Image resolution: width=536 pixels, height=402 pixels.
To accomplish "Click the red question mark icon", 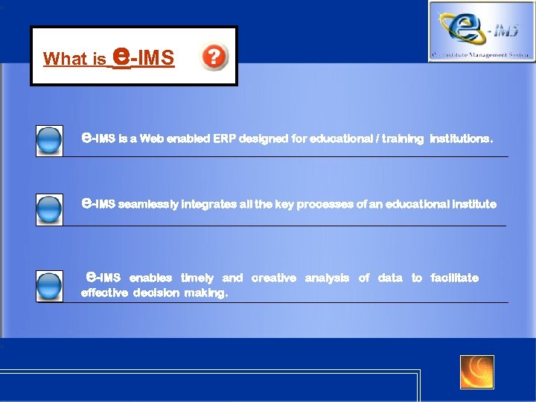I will click(x=214, y=57).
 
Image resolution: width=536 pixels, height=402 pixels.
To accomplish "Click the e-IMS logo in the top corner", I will click(x=481, y=31).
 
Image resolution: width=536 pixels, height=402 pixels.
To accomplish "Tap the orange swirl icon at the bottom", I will click(x=476, y=371).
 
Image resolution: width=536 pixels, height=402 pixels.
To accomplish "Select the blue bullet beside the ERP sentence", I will click(x=49, y=141).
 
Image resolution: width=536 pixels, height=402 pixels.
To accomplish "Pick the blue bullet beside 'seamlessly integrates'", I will click(x=49, y=209).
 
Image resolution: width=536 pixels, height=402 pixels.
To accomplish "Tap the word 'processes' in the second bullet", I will click(x=327, y=204).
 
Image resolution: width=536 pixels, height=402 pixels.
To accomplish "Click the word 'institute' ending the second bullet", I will click(x=473, y=204).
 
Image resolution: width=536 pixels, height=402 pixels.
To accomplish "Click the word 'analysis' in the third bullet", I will click(x=327, y=278).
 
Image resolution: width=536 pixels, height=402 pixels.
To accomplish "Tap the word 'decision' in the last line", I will click(x=156, y=293).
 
